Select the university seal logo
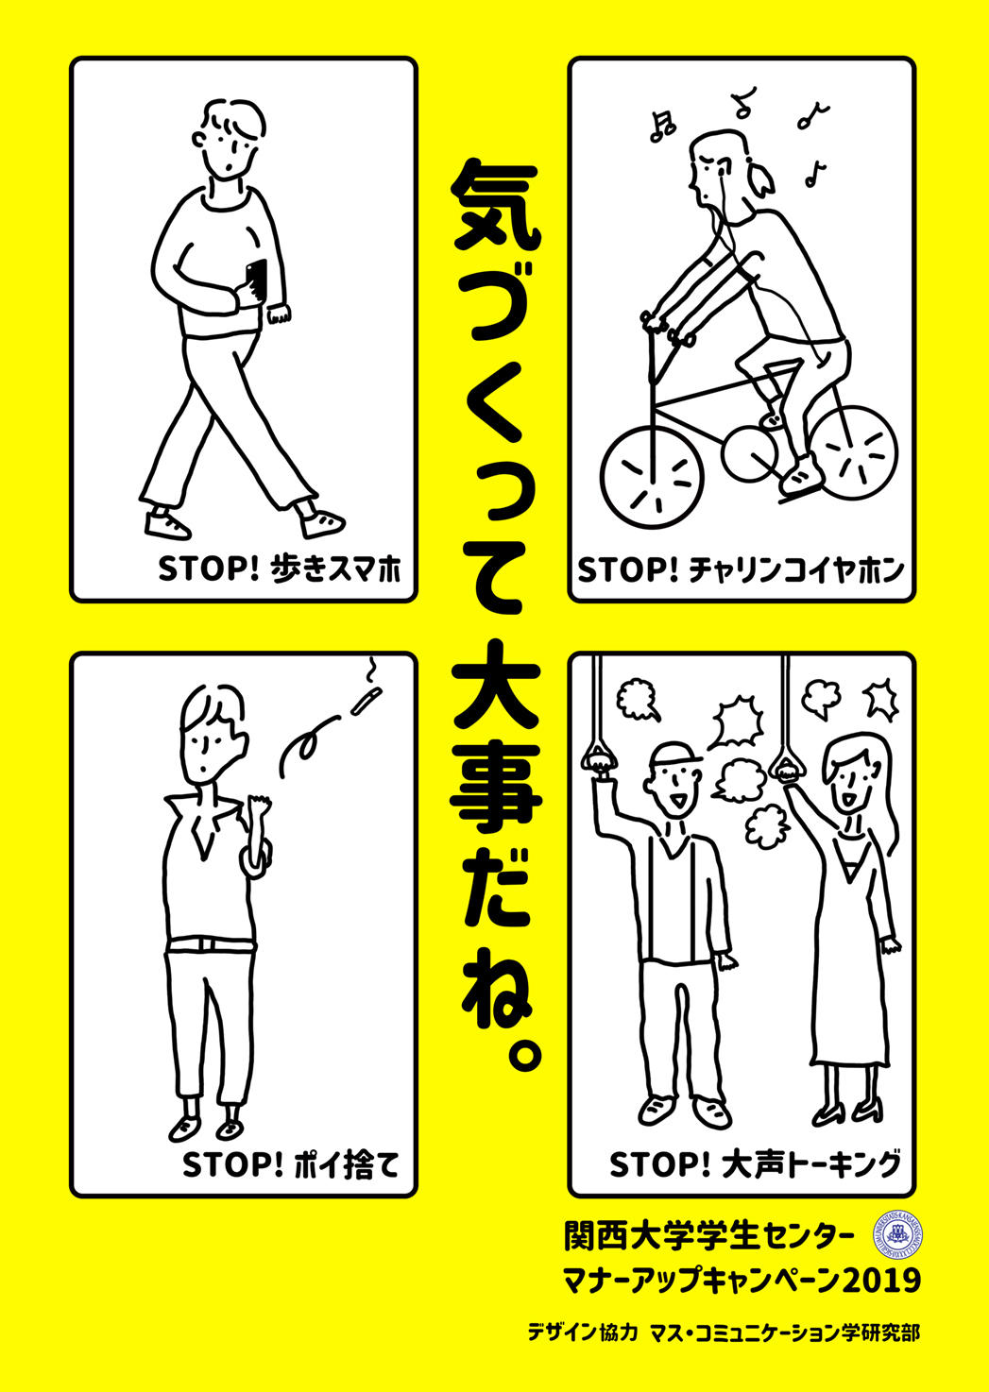(x=904, y=1234)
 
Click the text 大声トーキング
(x=810, y=1164)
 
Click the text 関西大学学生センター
(x=708, y=1234)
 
